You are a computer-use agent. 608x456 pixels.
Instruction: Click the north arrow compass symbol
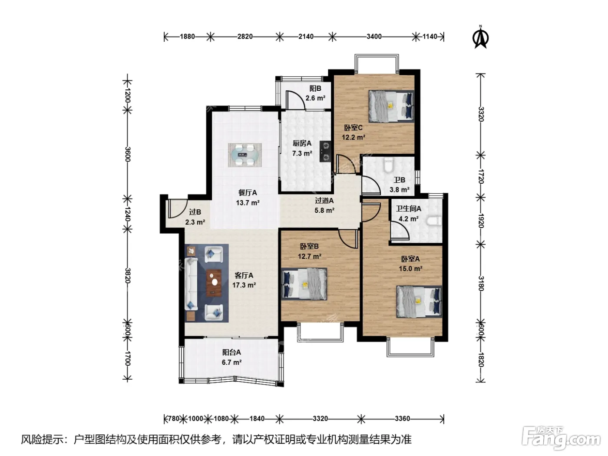coord(480,37)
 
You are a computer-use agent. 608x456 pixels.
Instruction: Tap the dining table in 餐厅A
coord(245,155)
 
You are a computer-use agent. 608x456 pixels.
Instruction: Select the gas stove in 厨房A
coord(325,151)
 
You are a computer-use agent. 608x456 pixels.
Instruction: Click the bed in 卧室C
coord(391,106)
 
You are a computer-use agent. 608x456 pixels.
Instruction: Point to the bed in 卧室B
coord(304,284)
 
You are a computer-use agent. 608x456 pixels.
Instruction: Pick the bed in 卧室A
coord(419,301)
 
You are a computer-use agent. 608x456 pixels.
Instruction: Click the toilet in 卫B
coord(389,165)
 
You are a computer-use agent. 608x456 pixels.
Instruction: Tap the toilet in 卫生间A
coord(434,221)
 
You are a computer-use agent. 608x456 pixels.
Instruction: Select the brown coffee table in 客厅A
coord(214,283)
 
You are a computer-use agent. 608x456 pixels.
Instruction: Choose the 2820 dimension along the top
coord(245,36)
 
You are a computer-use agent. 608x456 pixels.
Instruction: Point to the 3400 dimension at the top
coord(374,36)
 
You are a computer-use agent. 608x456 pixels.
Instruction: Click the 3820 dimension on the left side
coord(127,275)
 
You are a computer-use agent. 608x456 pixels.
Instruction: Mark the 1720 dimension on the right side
coord(481,176)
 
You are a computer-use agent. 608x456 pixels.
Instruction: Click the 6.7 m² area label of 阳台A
coord(231,362)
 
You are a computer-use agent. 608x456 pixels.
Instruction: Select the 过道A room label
coord(324,201)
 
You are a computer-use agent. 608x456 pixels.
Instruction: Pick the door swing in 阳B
coord(295,100)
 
